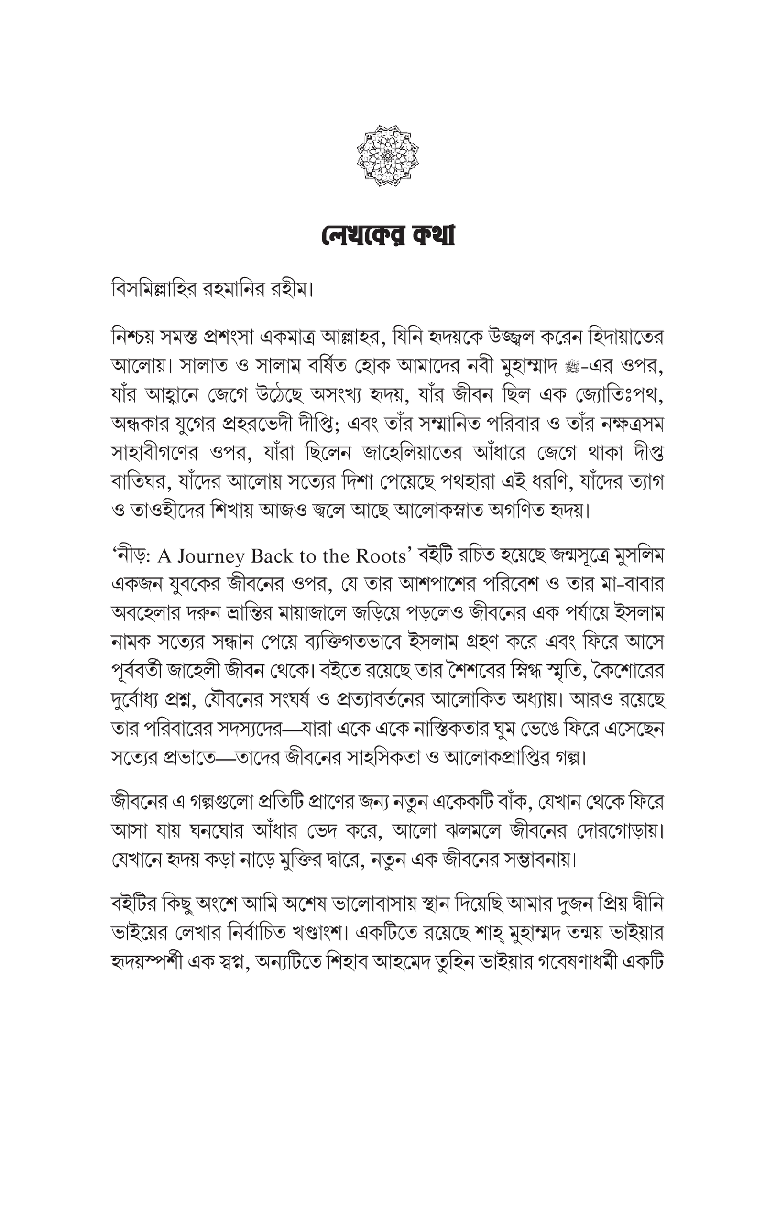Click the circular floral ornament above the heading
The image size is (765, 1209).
pyautogui.click(x=387, y=156)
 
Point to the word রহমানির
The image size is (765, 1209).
pyautogui.click(x=240, y=290)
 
